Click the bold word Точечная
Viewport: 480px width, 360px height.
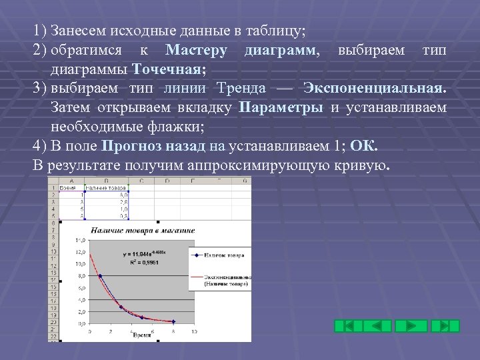point(169,69)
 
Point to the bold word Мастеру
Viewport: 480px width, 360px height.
point(196,50)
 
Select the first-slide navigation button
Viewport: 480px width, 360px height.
point(348,326)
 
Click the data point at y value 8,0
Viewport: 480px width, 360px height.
point(101,275)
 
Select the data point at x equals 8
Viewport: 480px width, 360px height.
point(173,321)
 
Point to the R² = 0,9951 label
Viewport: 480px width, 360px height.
point(145,263)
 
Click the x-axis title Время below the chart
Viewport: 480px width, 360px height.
point(141,335)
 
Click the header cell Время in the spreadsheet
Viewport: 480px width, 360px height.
point(67,187)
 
